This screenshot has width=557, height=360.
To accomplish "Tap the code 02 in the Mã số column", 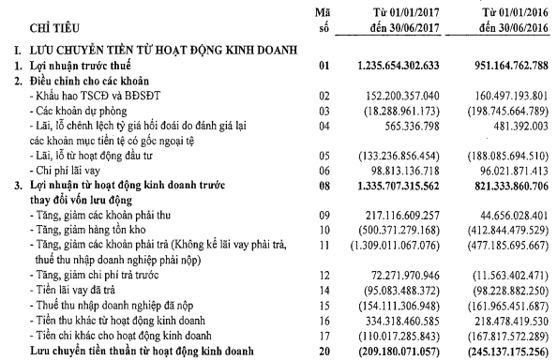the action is point(325,96).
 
